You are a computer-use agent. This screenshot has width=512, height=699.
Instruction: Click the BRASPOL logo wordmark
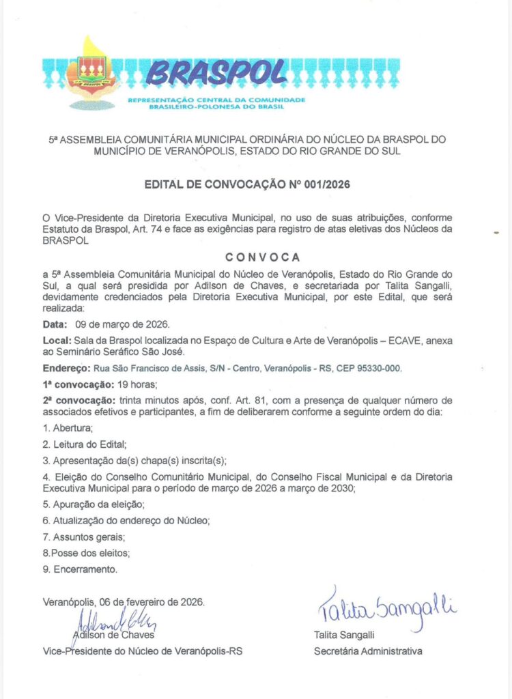coord(215,70)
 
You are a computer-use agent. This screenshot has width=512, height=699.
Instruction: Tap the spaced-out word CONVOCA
coord(263,257)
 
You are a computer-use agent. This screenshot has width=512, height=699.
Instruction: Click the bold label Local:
coord(57,339)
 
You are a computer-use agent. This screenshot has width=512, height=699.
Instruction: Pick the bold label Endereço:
coord(66,368)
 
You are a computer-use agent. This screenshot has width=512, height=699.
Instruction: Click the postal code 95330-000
coord(379,368)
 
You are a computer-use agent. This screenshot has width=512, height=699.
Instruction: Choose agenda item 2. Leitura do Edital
coord(85,444)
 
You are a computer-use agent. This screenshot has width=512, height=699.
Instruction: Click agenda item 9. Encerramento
coord(80,569)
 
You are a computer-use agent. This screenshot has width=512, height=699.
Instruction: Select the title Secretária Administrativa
coord(367,651)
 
